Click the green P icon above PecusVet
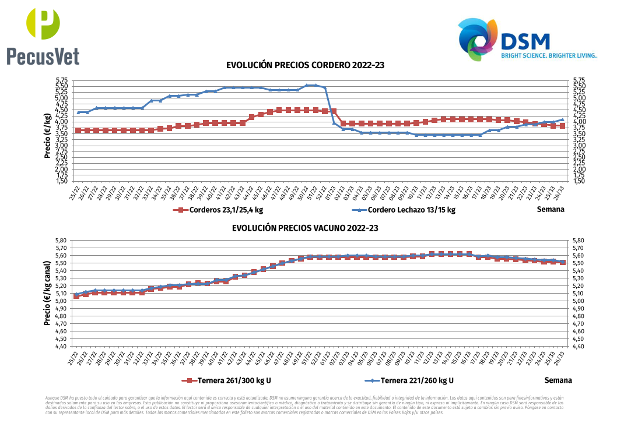(43, 24)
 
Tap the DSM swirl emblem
(478, 39)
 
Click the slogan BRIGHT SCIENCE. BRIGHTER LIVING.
(549, 56)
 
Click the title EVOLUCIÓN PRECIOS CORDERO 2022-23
(305, 65)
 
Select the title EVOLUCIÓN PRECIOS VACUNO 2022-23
(305, 228)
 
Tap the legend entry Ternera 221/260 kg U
(408, 381)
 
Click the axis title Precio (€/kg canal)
(47, 292)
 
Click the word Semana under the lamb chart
(551, 209)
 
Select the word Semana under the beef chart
(558, 380)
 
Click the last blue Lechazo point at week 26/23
(562, 119)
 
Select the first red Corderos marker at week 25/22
(78, 130)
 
